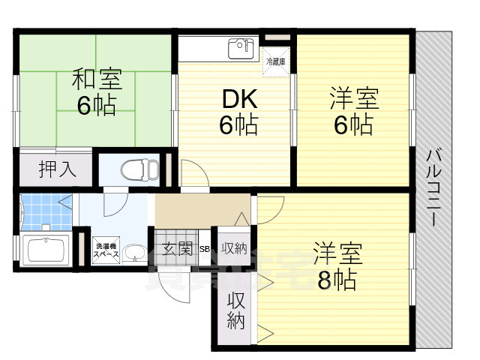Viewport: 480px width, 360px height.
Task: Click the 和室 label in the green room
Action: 97,78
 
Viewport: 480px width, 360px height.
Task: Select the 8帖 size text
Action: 335,280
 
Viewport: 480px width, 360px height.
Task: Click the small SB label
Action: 204,249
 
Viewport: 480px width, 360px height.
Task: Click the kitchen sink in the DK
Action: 241,48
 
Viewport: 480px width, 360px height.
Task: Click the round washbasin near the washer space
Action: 134,252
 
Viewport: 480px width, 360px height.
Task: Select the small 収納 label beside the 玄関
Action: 234,247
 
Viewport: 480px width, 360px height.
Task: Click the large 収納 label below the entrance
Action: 235,311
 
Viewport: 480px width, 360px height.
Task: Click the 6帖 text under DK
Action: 238,124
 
